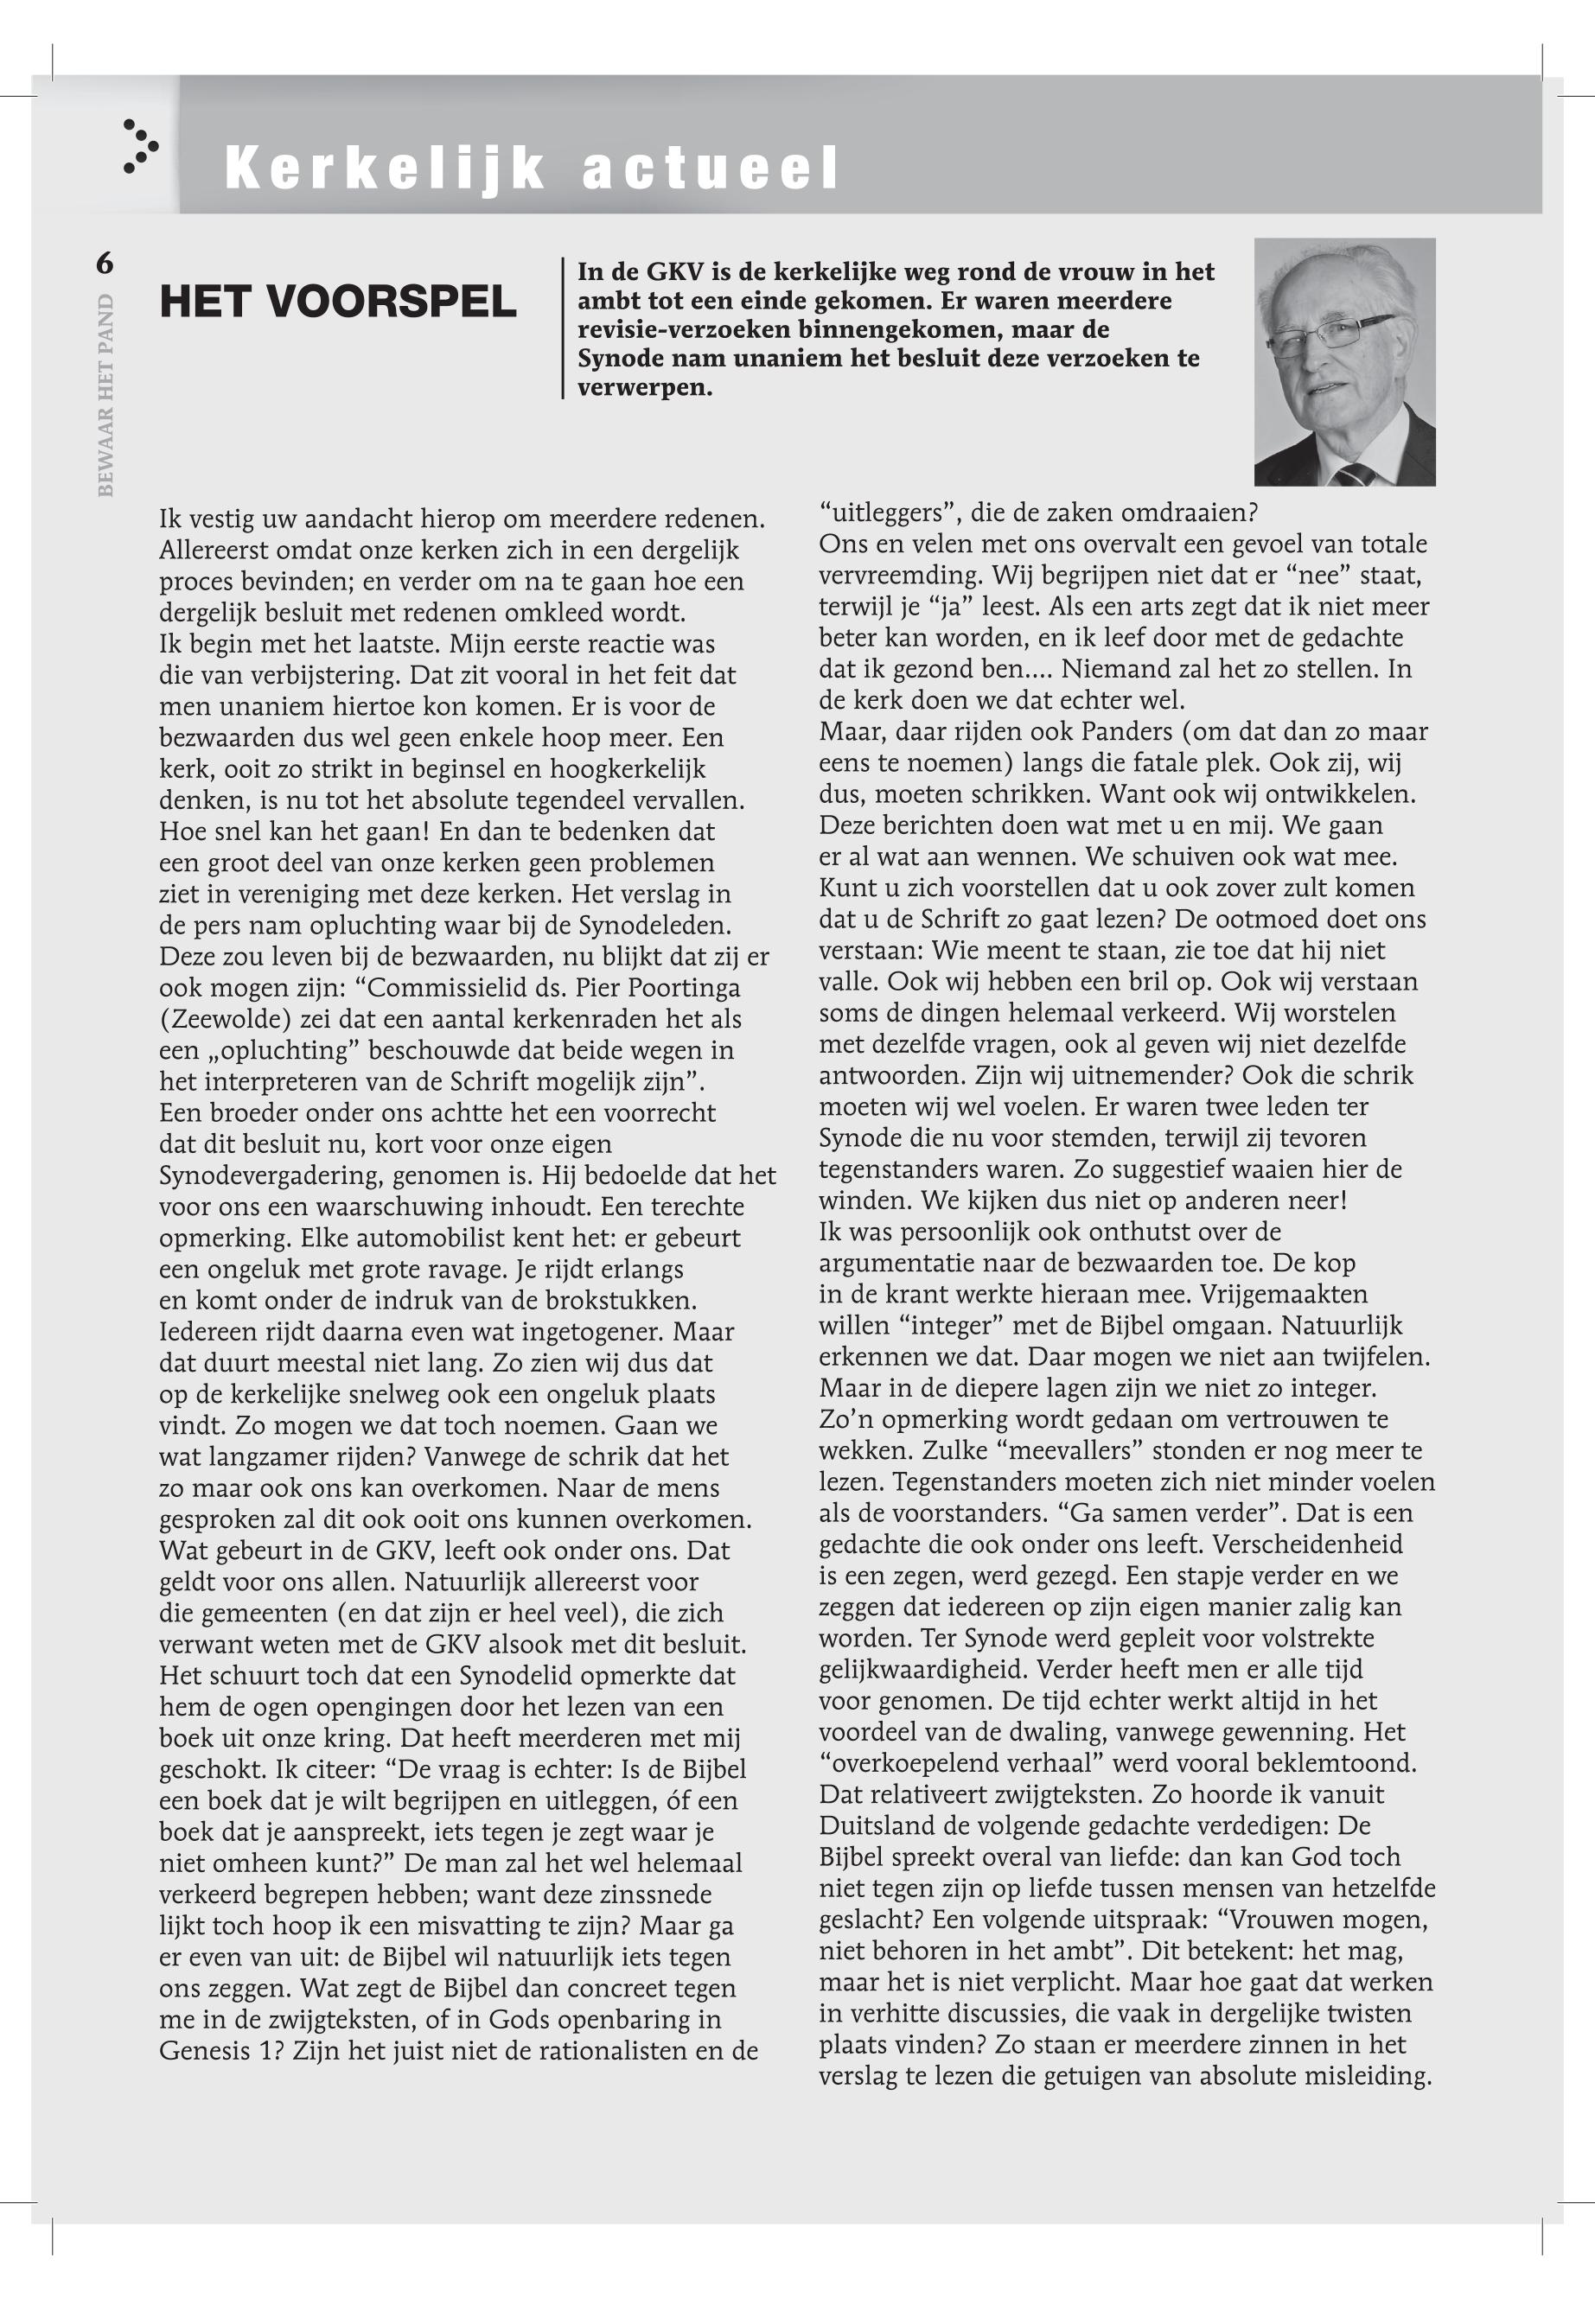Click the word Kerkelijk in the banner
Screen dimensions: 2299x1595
coord(385,168)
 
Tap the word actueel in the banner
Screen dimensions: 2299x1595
coord(711,168)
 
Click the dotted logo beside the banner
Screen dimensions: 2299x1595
coord(140,146)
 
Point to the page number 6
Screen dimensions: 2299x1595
coord(104,263)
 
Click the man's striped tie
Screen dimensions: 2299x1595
coord(1356,474)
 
